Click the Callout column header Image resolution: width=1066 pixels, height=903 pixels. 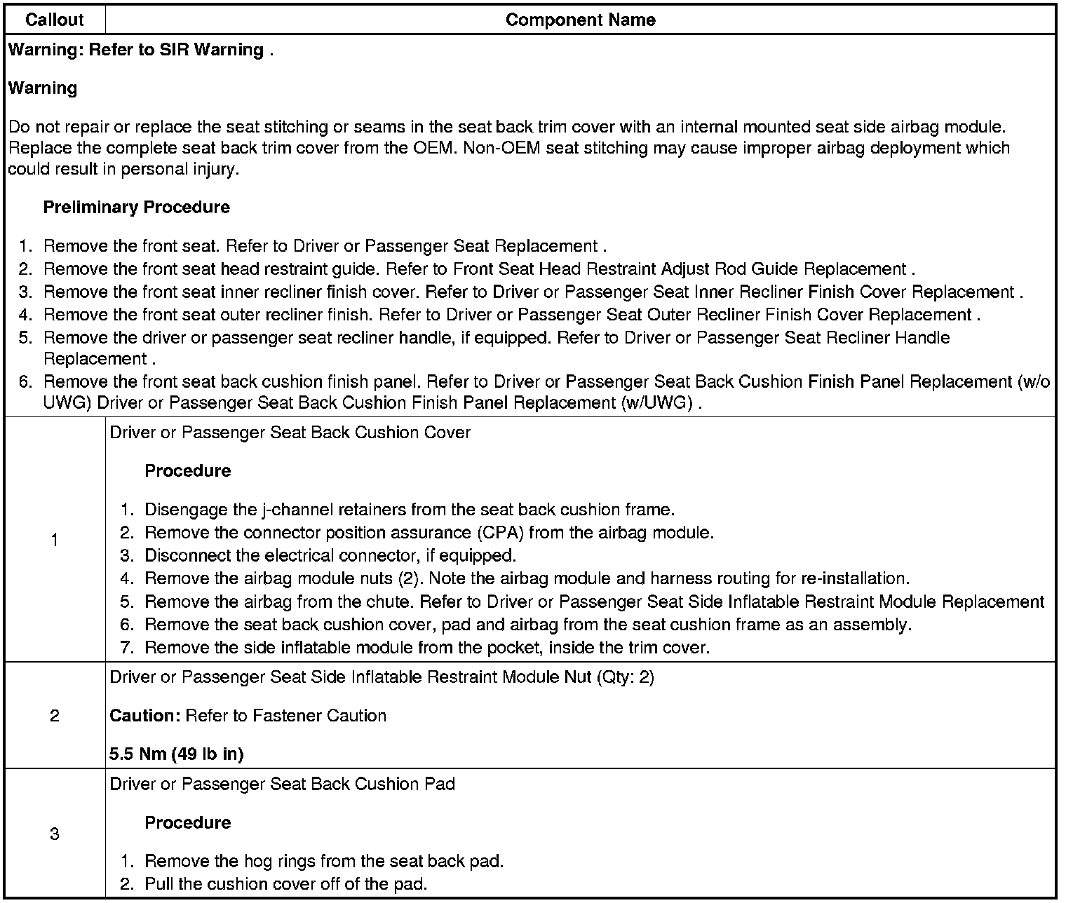click(54, 20)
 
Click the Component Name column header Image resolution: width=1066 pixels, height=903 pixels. click(580, 20)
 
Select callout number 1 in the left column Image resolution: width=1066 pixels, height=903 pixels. click(55, 540)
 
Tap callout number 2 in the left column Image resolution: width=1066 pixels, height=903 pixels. click(55, 716)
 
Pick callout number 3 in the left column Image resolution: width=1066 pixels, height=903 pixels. click(55, 834)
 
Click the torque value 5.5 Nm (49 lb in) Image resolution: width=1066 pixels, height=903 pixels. click(177, 754)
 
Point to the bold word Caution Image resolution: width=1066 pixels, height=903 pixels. click(145, 716)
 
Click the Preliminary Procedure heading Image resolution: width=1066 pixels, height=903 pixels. click(137, 208)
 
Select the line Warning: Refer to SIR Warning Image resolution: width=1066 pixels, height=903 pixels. click(140, 50)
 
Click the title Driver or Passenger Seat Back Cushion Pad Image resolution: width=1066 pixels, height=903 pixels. click(283, 784)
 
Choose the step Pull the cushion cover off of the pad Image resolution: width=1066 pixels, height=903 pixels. click(285, 884)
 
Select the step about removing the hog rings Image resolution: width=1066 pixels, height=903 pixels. click(324, 861)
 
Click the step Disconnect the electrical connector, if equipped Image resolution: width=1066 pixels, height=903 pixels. click(330, 556)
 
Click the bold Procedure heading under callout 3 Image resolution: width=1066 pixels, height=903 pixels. click(188, 822)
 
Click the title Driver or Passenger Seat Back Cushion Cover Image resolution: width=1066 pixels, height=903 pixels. click(290, 433)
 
